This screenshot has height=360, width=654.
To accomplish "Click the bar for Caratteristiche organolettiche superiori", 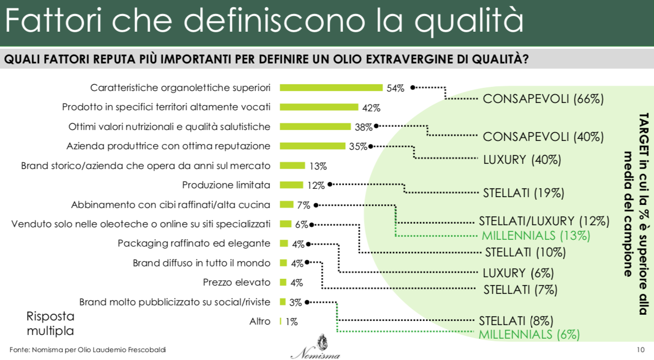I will (331, 87).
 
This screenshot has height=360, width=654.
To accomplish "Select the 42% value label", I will (372, 108).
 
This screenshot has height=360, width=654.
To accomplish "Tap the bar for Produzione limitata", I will (291, 185).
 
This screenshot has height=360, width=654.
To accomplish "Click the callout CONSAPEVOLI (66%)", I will (543, 99).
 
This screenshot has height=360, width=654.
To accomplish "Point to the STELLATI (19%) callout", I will (523, 193).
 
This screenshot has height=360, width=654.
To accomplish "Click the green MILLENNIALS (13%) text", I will (536, 235).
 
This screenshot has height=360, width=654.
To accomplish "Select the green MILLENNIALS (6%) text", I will (529, 335).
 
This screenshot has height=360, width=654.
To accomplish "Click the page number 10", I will (640, 349).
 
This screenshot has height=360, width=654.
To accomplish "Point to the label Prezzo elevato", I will (237, 282).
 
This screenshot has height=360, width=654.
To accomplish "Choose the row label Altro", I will (260, 322).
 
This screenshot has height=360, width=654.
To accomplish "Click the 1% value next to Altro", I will (291, 322).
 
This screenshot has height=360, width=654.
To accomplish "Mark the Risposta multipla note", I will (50, 324).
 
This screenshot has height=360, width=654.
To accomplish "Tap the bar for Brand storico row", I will (292, 165).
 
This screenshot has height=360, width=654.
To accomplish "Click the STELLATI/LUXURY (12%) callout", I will (543, 221).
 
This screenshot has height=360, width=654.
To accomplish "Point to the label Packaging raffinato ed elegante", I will (194, 243).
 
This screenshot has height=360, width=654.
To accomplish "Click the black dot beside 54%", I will (412, 87).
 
